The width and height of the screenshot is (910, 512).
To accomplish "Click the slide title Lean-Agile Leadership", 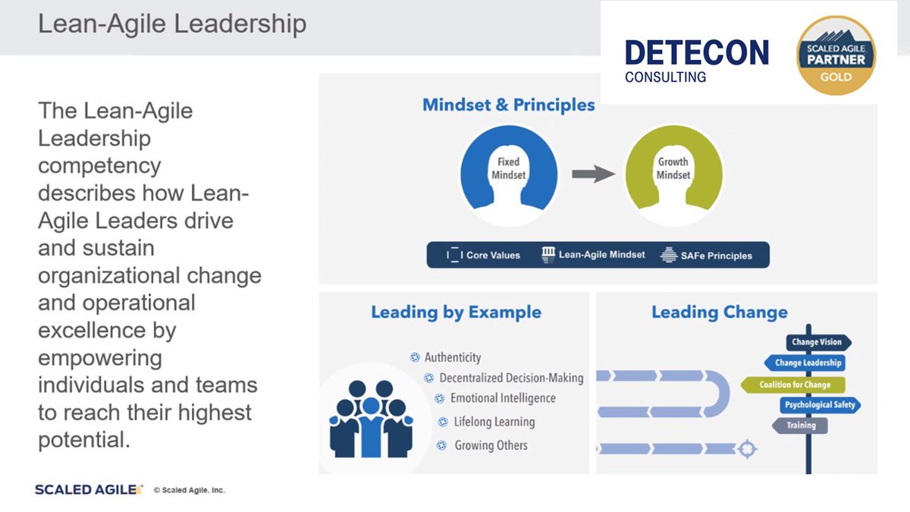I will click(172, 24).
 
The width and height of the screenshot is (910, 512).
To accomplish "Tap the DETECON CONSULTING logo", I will click(696, 61).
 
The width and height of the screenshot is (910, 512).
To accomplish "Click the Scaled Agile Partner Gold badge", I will click(836, 56).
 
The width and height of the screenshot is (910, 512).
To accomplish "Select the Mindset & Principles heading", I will click(509, 105).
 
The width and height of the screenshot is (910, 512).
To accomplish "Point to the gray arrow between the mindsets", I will click(592, 174).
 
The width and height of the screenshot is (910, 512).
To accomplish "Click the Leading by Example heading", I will click(456, 312).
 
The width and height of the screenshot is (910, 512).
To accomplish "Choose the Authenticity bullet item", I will click(452, 357).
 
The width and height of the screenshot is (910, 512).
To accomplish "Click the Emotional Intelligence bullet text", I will click(503, 398).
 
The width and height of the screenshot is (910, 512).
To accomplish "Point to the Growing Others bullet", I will click(491, 445).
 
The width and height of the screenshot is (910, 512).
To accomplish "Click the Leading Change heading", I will click(719, 312).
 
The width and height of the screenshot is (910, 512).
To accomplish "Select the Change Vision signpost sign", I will click(817, 342).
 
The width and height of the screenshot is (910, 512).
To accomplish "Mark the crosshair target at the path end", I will click(747, 449).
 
